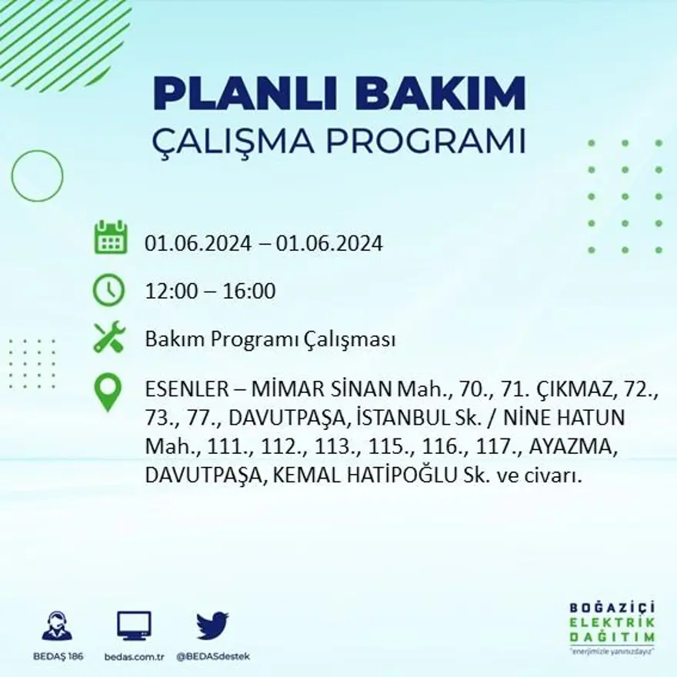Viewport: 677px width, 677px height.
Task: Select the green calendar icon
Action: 110,238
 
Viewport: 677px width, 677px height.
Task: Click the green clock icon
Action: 108,290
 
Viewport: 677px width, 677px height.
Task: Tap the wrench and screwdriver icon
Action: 108,338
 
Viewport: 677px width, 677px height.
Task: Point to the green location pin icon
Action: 108,392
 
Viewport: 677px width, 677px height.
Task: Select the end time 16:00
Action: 248,292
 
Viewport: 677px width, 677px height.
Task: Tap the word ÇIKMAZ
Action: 569,392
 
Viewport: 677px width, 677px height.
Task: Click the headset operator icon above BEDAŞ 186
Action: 57,625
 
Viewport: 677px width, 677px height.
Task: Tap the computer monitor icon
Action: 134,625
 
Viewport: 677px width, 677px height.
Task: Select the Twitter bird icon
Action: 212,625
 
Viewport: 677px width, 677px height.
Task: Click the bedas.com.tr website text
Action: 134,656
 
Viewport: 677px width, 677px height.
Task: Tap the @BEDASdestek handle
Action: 213,656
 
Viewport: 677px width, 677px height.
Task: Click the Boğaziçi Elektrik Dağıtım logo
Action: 612,623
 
